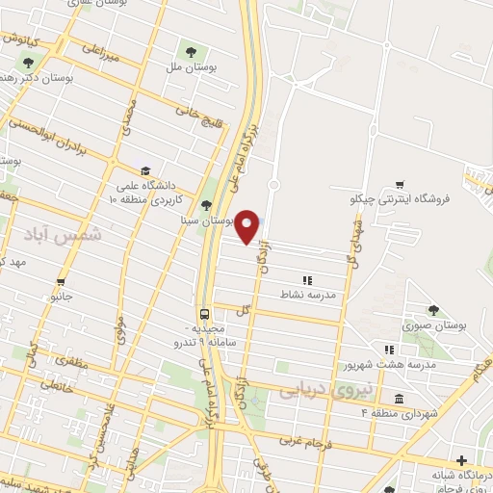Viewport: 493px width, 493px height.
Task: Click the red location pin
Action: [247, 225]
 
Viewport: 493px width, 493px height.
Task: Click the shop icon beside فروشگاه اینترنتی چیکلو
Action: [400, 184]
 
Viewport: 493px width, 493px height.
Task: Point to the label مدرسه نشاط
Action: [308, 293]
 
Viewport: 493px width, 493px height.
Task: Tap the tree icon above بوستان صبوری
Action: [433, 310]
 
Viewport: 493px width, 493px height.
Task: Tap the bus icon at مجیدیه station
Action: [204, 314]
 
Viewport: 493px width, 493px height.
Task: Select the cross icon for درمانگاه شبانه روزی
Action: [461, 460]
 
